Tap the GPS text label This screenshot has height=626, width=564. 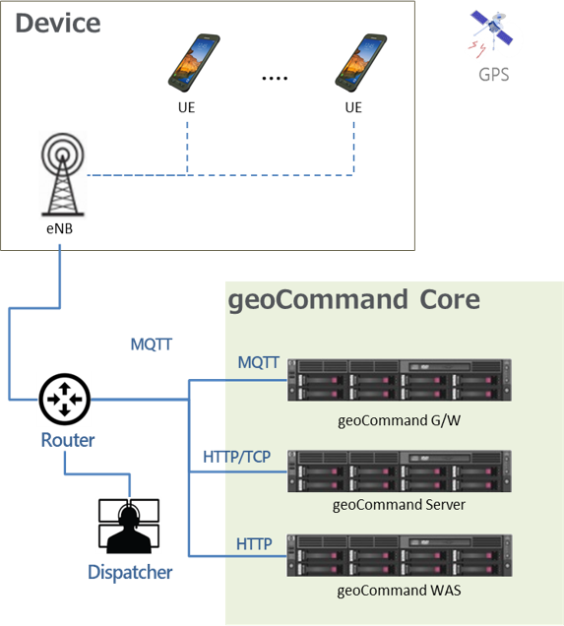pyautogui.click(x=494, y=75)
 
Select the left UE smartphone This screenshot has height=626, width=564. pyautogui.click(x=194, y=63)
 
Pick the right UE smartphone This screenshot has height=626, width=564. pyautogui.click(x=360, y=63)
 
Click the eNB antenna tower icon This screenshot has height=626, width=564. pyautogui.click(x=63, y=175)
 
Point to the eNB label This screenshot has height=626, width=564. pyautogui.click(x=60, y=228)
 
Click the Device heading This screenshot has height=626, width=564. pyautogui.click(x=58, y=23)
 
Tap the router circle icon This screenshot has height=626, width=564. pyautogui.click(x=65, y=399)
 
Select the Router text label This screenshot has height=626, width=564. pyautogui.click(x=68, y=440)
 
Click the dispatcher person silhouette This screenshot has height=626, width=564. pyautogui.click(x=129, y=527)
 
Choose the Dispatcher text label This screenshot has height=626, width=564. pyautogui.click(x=130, y=572)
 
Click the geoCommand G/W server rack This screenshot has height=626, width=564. pyautogui.click(x=400, y=380)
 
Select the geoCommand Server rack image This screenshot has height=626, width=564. pyautogui.click(x=400, y=471)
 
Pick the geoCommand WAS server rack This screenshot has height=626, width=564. pyautogui.click(x=400, y=555)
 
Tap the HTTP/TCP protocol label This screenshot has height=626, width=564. pyautogui.click(x=236, y=457)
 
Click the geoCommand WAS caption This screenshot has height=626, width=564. pyautogui.click(x=400, y=591)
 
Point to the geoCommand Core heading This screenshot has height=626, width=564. pyautogui.click(x=353, y=300)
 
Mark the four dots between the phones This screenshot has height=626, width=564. pyautogui.click(x=275, y=79)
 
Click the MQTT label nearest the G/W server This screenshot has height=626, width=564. pyautogui.click(x=259, y=362)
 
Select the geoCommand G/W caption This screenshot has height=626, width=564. pyautogui.click(x=400, y=420)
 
